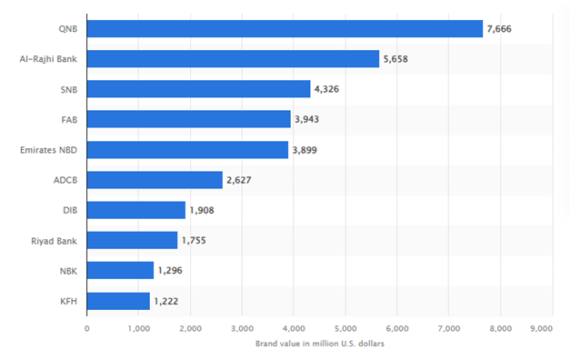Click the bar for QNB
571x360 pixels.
[285, 29]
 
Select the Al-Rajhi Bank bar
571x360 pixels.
[233, 59]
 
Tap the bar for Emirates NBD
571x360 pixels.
[187, 149]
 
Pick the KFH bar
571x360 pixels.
[118, 300]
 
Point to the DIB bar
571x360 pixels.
[136, 210]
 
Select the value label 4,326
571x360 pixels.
[330, 89]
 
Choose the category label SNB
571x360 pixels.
[67, 89]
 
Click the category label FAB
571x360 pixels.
[68, 119]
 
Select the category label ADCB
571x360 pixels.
[65, 180]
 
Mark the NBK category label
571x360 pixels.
[67, 270]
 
